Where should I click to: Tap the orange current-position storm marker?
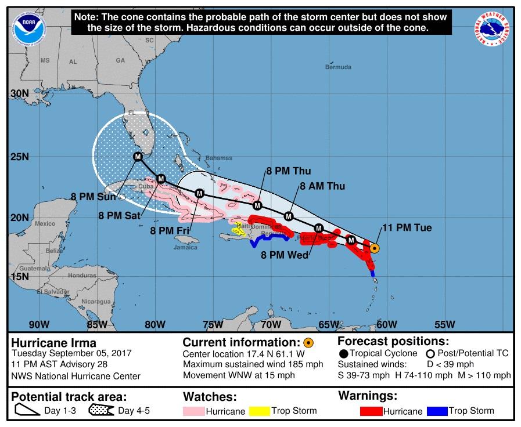click(x=375, y=248)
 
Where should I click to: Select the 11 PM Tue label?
click(x=407, y=228)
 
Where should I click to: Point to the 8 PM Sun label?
click(x=93, y=197)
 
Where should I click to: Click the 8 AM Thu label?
click(x=322, y=186)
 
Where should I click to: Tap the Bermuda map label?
click(x=338, y=67)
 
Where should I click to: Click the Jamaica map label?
click(x=185, y=247)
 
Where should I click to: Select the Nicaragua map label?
click(x=96, y=302)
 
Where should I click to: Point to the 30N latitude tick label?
click(x=20, y=93)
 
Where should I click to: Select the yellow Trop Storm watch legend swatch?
click(x=261, y=411)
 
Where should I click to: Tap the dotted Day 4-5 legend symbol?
click(x=101, y=411)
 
